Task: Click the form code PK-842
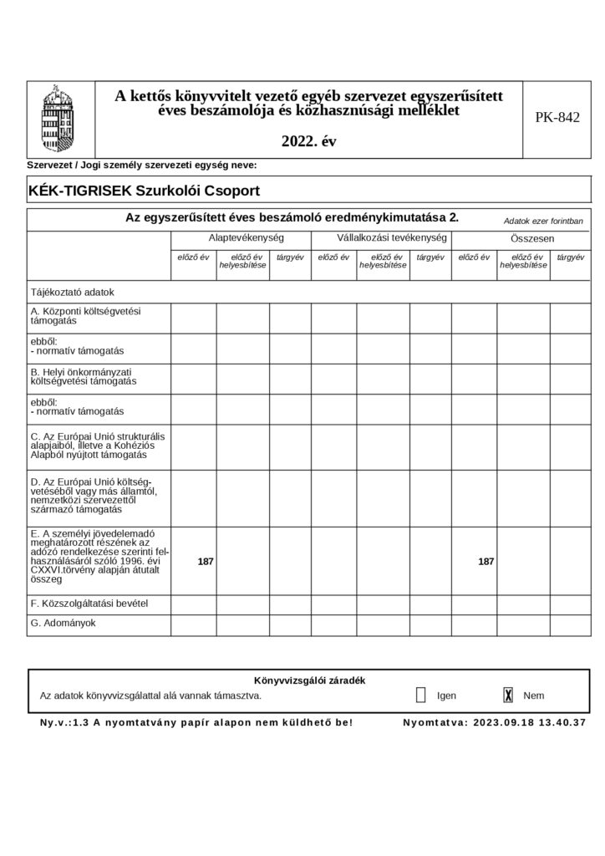[x=557, y=118]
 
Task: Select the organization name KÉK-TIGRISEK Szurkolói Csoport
[x=145, y=190]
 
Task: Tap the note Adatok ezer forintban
[x=543, y=222]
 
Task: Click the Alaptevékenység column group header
[x=241, y=238]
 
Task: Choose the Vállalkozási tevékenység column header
[x=380, y=238]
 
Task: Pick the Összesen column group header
[x=521, y=238]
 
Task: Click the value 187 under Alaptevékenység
[x=205, y=562]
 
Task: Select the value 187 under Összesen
[x=486, y=562]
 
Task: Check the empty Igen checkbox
[x=420, y=695]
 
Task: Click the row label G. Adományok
[x=64, y=623]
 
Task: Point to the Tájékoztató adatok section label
[x=72, y=293]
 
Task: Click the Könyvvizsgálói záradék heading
[x=308, y=680]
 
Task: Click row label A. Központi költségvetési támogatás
[x=85, y=315]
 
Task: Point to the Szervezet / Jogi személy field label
[x=142, y=166]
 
